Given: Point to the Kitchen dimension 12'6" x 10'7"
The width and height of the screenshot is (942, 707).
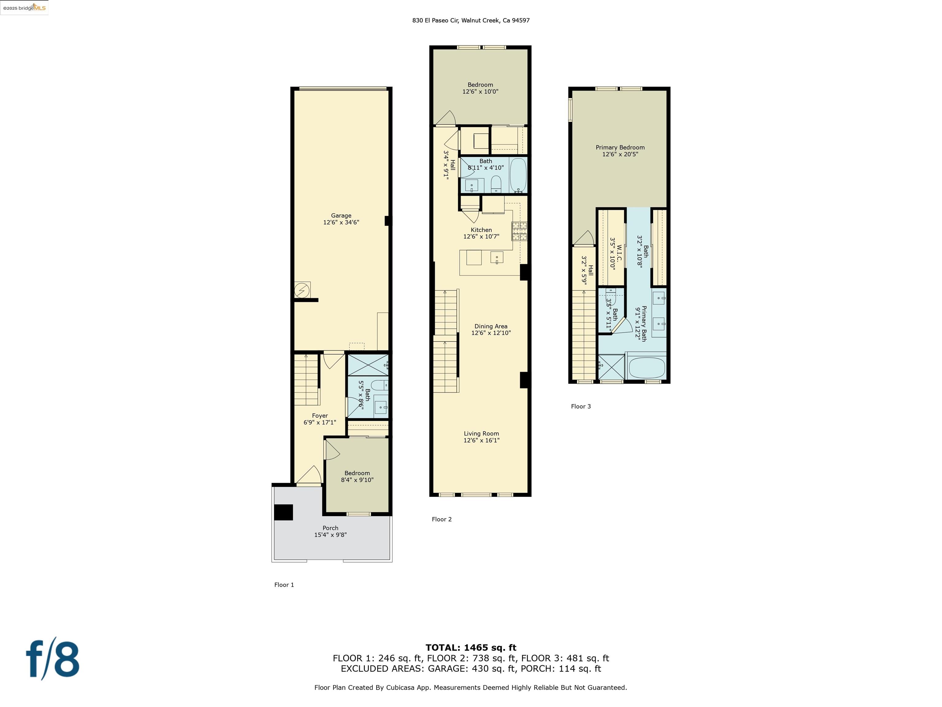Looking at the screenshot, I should coord(481,237).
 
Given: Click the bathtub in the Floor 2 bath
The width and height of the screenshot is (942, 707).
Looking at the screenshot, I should coord(518,175).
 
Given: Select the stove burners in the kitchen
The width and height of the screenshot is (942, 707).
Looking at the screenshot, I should coord(519,231).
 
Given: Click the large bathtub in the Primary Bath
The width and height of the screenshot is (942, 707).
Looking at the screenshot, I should coord(646,367).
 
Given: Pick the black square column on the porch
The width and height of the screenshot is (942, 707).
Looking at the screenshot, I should coord(283,512).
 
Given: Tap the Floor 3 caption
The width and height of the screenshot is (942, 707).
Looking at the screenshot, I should coord(580,407).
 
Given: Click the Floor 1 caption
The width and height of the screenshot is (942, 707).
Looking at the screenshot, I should coord(284,585).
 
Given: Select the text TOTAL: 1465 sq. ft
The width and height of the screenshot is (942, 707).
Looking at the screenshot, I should coord(471,648).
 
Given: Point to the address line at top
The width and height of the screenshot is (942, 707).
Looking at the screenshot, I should coord(471,20).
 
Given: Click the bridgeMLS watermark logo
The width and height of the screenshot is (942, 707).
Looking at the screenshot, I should coord(24,8).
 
